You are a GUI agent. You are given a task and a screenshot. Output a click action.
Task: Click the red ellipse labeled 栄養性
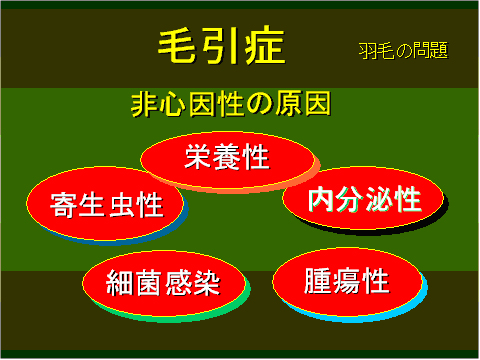[226, 158]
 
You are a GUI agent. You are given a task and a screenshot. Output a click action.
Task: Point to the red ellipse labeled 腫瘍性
[346, 280]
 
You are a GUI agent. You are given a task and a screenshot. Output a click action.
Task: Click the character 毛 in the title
[179, 45]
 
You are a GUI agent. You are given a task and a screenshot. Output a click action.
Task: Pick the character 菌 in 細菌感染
[149, 282]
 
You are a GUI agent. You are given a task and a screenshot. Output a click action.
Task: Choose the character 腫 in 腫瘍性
[318, 280]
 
